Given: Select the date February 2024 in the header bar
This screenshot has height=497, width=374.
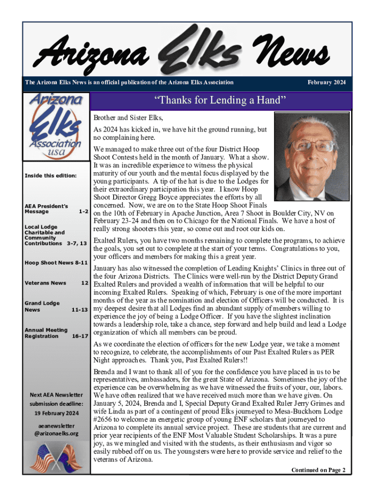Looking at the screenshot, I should click(x=327, y=83).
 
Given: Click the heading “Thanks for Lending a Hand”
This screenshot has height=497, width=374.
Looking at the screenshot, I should click(x=217, y=101).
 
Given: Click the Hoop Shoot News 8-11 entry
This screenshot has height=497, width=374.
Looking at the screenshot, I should click(x=56, y=263).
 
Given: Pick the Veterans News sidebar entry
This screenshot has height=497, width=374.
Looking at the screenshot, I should click(x=45, y=283).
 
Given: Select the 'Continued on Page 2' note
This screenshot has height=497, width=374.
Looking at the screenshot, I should click(x=318, y=470).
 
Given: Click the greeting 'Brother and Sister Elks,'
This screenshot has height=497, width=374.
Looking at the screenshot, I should click(x=128, y=118).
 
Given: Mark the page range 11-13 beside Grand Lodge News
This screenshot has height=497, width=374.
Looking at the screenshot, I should click(x=78, y=309).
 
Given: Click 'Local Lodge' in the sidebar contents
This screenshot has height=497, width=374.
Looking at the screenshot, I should click(x=41, y=227).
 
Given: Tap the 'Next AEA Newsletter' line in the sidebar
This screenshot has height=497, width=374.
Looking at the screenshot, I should click(x=55, y=395).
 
